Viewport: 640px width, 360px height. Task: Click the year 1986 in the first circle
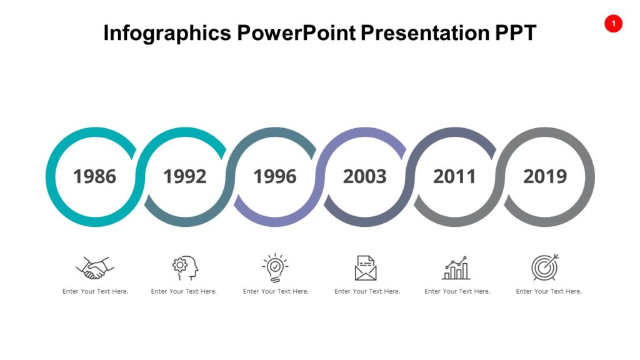(94, 177)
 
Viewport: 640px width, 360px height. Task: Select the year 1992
(184, 177)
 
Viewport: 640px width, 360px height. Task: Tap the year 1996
(274, 177)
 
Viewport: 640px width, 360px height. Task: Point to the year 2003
(364, 177)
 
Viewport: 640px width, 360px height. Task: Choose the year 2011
(454, 177)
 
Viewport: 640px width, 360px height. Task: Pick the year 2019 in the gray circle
(544, 177)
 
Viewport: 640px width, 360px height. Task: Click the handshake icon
(95, 267)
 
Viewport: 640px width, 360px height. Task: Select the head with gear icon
(184, 267)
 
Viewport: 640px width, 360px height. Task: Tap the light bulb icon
(275, 267)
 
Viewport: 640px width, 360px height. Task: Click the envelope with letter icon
(366, 267)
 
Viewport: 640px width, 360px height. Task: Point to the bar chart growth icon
(456, 267)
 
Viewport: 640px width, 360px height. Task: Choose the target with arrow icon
(545, 267)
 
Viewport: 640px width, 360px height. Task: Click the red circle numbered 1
(613, 24)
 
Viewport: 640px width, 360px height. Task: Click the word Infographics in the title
(167, 32)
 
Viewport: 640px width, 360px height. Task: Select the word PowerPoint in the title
(296, 32)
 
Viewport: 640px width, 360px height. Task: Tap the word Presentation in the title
(422, 32)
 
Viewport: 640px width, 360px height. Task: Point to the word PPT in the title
(514, 32)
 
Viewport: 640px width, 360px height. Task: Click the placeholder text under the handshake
(95, 291)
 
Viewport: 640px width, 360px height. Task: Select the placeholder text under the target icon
(549, 291)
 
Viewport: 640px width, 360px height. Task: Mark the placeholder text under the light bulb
(276, 291)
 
